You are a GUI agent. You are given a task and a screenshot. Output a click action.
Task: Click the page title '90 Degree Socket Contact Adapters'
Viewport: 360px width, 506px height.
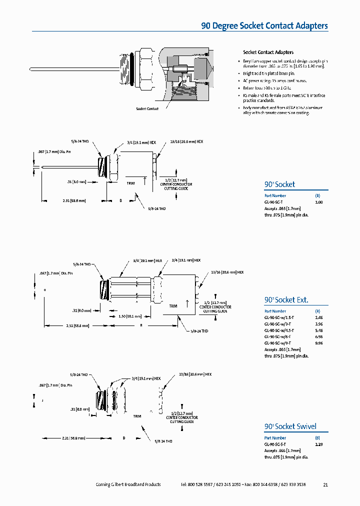pyautogui.click(x=264, y=26)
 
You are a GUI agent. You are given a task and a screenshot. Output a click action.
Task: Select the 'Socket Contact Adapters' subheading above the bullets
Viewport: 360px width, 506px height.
pyautogui.click(x=268, y=52)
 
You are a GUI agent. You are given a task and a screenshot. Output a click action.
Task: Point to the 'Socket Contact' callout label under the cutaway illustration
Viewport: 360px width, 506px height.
pyautogui.click(x=147, y=108)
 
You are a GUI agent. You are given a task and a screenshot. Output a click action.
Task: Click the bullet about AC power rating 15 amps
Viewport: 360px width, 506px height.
pyautogui.click(x=275, y=80)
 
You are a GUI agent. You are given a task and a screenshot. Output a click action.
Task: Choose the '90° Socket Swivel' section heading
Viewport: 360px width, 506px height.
pyautogui.click(x=290, y=426)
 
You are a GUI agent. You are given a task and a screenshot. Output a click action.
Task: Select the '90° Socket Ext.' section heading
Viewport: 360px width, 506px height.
pyautogui.click(x=286, y=300)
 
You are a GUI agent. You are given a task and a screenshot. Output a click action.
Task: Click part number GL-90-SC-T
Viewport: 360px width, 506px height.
pyautogui.click(x=274, y=202)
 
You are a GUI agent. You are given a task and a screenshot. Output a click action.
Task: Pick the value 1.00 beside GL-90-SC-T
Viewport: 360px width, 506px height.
pyautogui.click(x=319, y=202)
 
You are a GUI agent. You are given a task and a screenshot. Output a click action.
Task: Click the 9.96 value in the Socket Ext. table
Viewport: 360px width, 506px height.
pyautogui.click(x=319, y=343)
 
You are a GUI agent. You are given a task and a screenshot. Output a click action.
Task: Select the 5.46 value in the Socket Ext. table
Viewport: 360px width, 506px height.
pyautogui.click(x=319, y=330)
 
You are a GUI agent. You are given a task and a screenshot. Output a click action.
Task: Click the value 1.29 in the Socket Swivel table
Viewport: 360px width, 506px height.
pyautogui.click(x=319, y=444)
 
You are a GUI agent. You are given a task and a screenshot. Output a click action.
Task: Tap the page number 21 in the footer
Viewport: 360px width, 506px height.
pyautogui.click(x=325, y=484)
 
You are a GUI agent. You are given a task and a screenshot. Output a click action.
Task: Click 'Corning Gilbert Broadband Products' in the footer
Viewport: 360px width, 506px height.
pyautogui.click(x=128, y=484)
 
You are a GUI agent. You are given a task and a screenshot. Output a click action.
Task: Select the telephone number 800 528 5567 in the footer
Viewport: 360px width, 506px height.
pyautogui.click(x=200, y=484)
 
